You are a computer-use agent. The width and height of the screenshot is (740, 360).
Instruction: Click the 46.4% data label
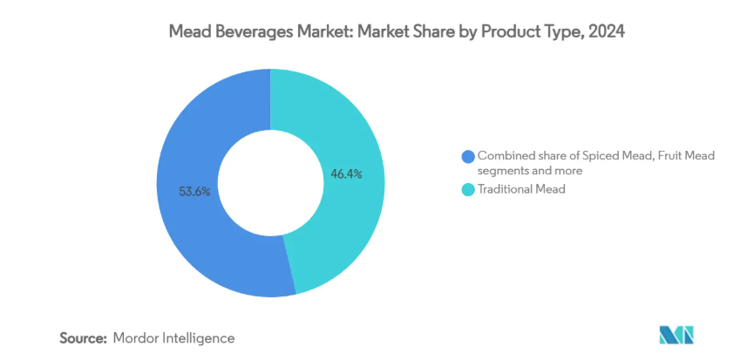[x=346, y=174]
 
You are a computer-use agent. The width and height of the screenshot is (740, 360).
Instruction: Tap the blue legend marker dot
[x=468, y=156]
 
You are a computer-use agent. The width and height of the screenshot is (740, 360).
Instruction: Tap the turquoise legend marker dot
[x=468, y=188]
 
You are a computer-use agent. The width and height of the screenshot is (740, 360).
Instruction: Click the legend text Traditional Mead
[x=521, y=188]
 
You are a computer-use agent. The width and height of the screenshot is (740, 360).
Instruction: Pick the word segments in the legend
[x=504, y=171]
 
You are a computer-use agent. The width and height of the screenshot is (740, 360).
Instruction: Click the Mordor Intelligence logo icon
[x=676, y=335]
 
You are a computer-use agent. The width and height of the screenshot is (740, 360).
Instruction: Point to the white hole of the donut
[x=270, y=183]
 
